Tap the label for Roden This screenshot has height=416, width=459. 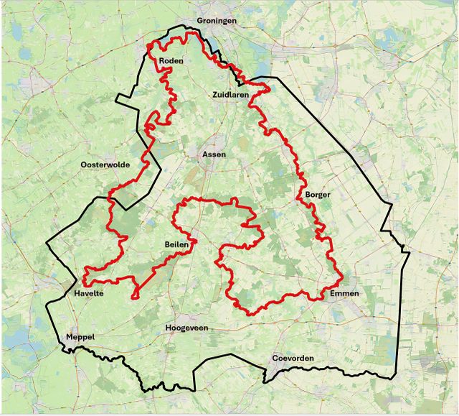pyautogui.click(x=171, y=61)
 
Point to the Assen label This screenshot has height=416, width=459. pyautogui.click(x=214, y=154)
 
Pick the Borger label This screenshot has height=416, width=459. pyautogui.click(x=318, y=195)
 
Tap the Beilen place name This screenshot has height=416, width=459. pyautogui.click(x=176, y=245)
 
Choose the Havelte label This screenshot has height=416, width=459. pyautogui.click(x=89, y=294)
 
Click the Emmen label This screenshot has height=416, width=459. pyautogui.click(x=344, y=293)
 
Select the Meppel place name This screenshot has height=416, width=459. pyautogui.click(x=80, y=337)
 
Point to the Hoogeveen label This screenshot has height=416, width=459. pyautogui.click(x=186, y=328)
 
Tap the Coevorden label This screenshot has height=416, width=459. pyautogui.click(x=293, y=358)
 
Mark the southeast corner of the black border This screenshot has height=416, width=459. pyautogui.click(x=394, y=377)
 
